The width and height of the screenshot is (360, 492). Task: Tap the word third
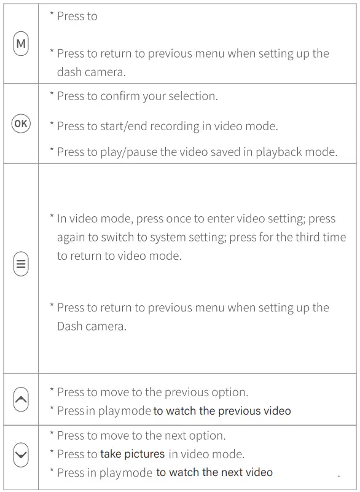click(297, 238)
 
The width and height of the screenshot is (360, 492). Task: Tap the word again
click(73, 238)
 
